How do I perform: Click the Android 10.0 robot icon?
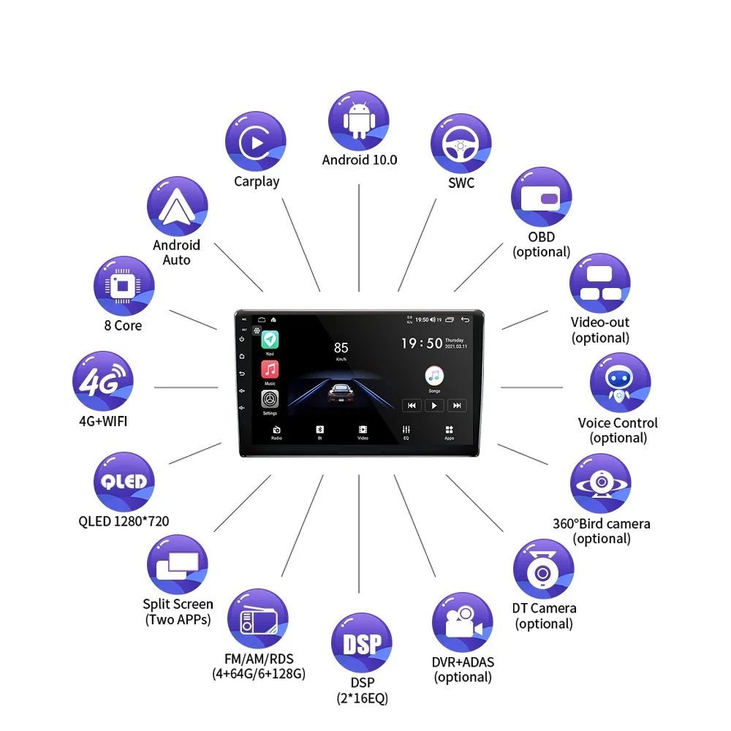[x=358, y=121]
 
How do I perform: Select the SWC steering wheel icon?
[x=461, y=144]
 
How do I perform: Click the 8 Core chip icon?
[x=124, y=286]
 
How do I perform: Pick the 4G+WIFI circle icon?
[x=102, y=382]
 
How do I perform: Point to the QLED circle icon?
[x=124, y=482]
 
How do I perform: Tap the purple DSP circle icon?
[x=362, y=644]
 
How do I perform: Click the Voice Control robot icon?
[x=620, y=383]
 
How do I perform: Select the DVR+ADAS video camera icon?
[x=463, y=623]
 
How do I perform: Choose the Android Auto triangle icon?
[x=177, y=207]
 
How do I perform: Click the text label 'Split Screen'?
[x=178, y=604]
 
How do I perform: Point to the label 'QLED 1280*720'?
[x=124, y=521]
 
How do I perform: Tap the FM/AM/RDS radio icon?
[x=258, y=620]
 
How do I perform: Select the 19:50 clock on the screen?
[x=422, y=343]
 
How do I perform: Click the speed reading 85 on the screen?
[x=341, y=347]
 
